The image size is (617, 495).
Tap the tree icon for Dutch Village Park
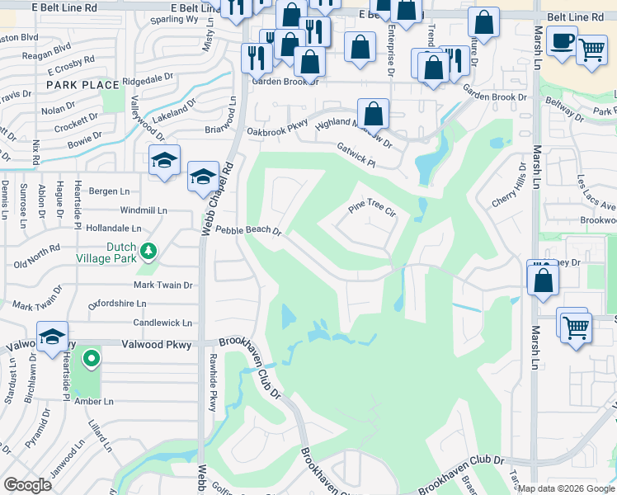(x=148, y=250)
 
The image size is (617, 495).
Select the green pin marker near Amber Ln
(x=92, y=359)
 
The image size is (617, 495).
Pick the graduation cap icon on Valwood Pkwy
(x=52, y=337)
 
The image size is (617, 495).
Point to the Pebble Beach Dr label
(x=248, y=232)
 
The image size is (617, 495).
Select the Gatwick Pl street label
(x=356, y=154)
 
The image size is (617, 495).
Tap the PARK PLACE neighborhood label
(x=82, y=85)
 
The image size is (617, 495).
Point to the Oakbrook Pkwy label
(x=276, y=132)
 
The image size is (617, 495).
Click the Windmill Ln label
(x=143, y=211)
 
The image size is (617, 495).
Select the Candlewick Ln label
(x=162, y=323)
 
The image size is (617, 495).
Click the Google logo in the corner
(x=27, y=485)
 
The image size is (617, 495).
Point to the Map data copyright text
(x=566, y=488)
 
